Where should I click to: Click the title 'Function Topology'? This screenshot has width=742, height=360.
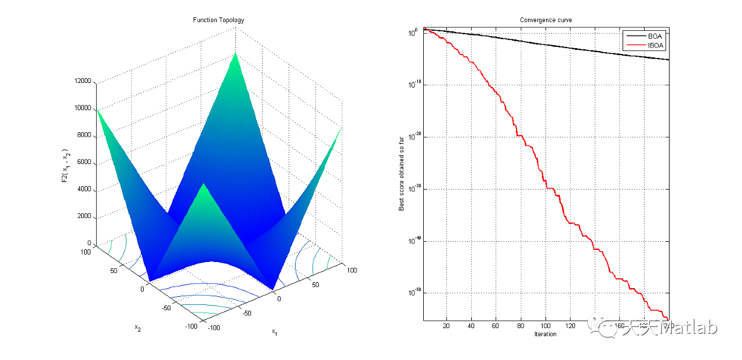pyautogui.click(x=219, y=20)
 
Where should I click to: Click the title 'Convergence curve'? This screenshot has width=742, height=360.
pyautogui.click(x=545, y=20)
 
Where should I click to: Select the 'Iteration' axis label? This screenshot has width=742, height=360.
pyautogui.click(x=545, y=334)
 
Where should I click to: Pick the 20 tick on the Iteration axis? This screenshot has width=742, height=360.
pyautogui.click(x=446, y=326)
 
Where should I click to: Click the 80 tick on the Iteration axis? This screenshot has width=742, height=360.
pyautogui.click(x=521, y=326)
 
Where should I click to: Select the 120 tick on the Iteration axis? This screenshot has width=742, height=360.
pyautogui.click(x=570, y=326)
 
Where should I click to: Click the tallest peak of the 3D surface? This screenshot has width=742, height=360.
pyautogui.click(x=235, y=53)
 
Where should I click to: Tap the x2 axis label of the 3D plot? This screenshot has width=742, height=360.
pyautogui.click(x=138, y=328)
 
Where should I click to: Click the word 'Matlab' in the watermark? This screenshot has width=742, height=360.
pyautogui.click(x=697, y=328)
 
